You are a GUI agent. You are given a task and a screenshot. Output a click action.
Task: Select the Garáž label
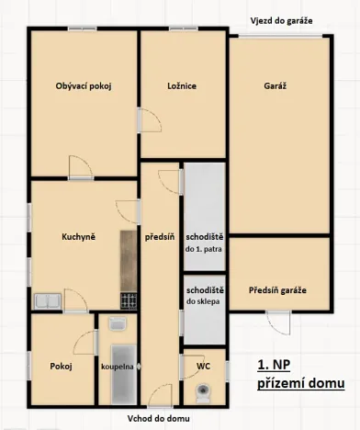(276, 85)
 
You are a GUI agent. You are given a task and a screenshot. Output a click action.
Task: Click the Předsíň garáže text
(277, 290)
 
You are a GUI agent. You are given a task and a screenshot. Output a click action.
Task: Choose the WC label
(204, 366)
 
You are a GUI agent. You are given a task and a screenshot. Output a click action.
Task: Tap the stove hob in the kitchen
(128, 300)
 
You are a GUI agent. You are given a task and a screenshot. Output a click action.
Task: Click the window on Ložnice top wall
(182, 29)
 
